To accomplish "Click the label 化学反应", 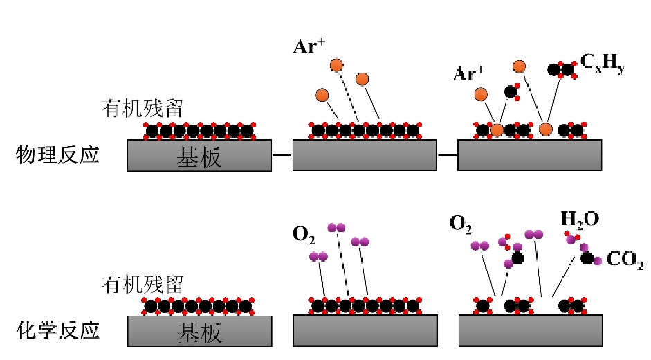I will click(x=57, y=330).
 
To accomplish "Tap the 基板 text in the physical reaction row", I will click(x=199, y=157).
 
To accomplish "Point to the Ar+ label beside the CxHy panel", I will click(x=468, y=74).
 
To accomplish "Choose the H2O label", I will click(x=580, y=220).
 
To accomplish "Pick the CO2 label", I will click(x=625, y=262).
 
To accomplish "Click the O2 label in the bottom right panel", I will click(x=461, y=223).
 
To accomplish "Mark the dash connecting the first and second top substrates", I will click(x=282, y=155).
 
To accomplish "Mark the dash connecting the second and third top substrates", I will click(x=448, y=155).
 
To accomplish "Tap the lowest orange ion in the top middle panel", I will click(x=322, y=95).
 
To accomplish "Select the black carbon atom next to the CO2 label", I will click(x=587, y=258).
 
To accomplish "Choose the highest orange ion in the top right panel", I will click(x=519, y=66).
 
